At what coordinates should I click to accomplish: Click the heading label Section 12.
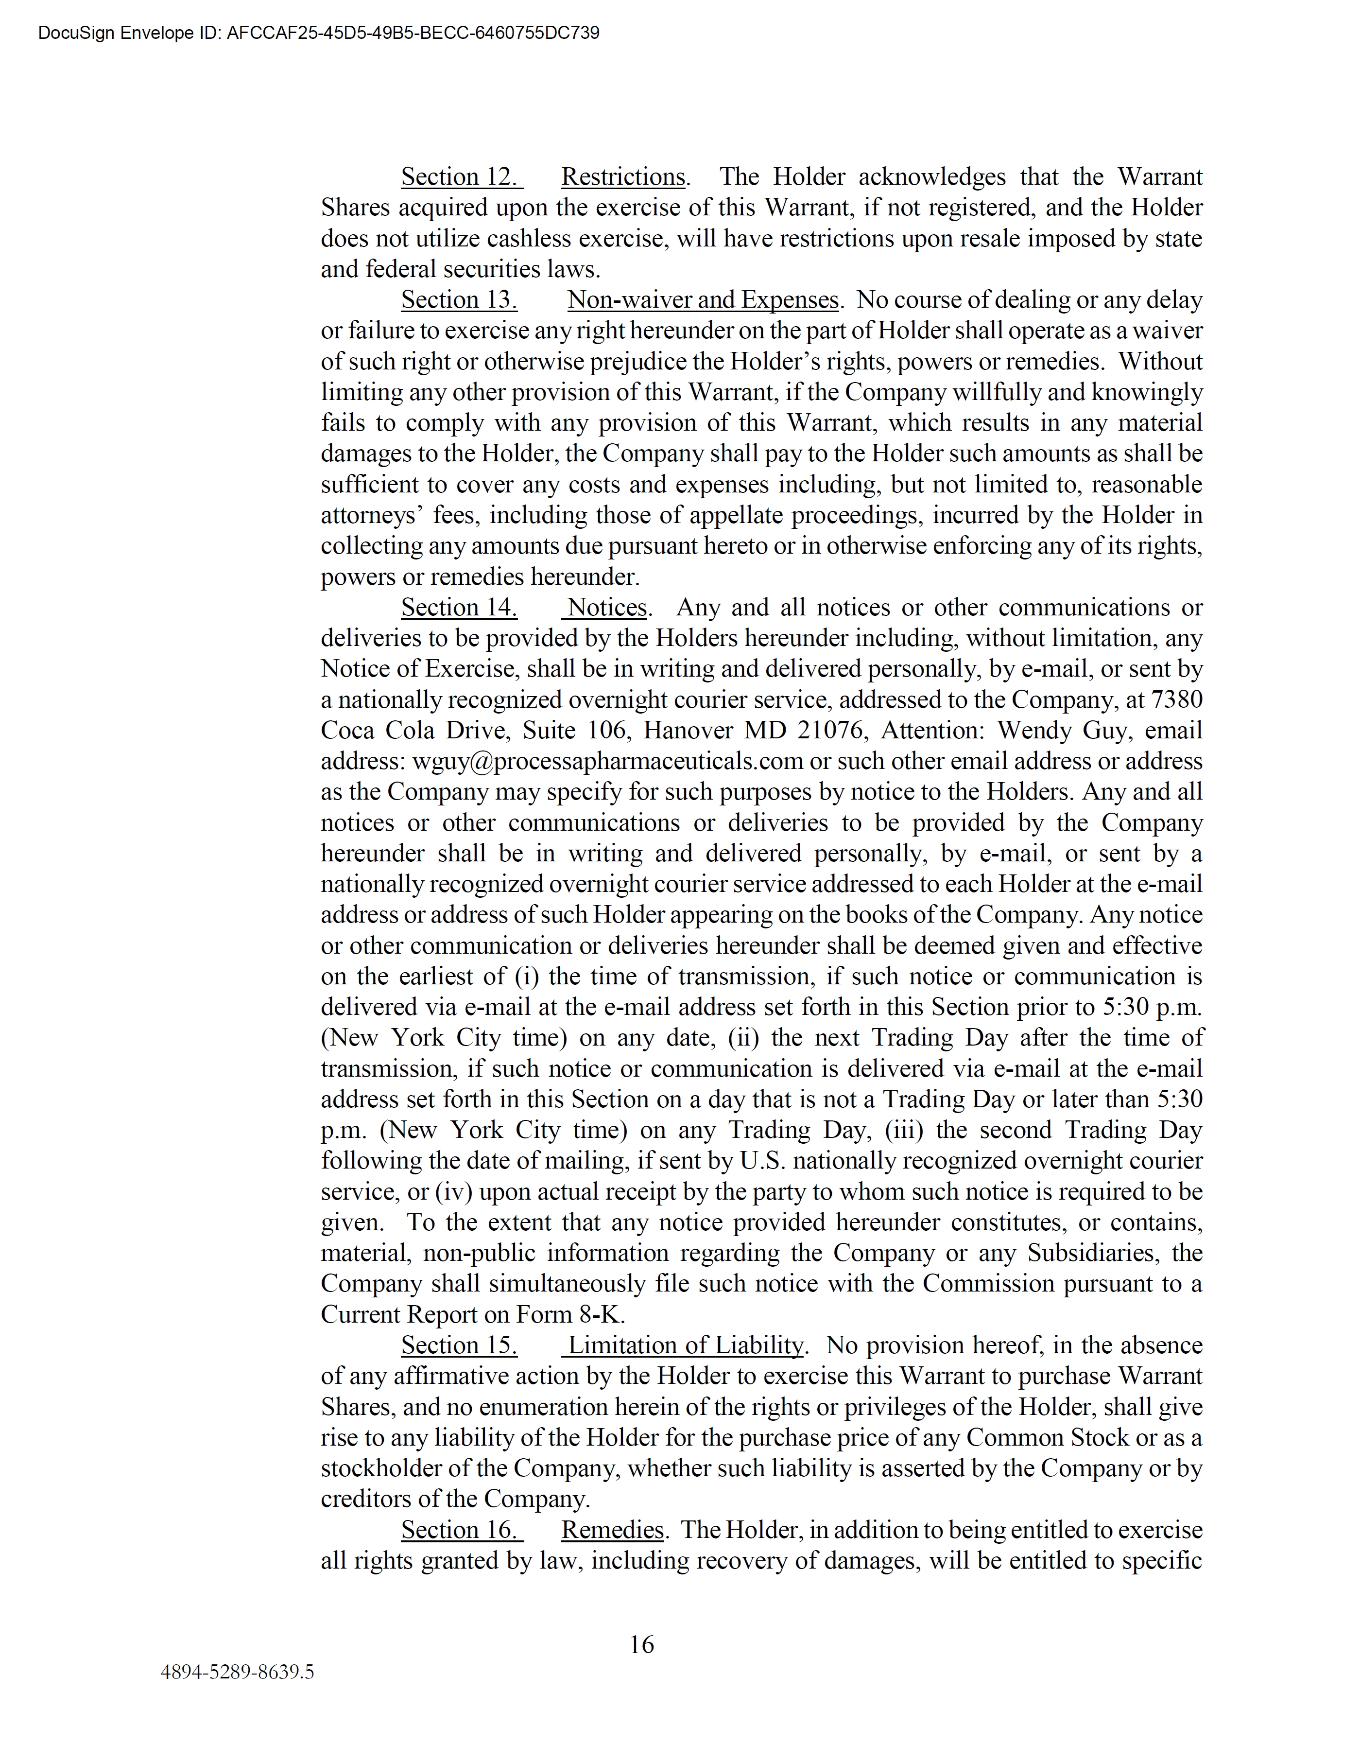(461, 177)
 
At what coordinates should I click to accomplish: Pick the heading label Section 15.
(459, 1345)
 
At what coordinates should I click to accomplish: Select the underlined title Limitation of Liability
(685, 1345)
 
